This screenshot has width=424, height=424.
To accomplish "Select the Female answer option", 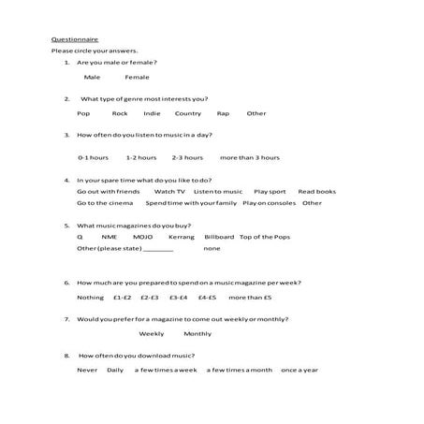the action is pyautogui.click(x=137, y=77).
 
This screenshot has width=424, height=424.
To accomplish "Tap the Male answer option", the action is pyautogui.click(x=92, y=77).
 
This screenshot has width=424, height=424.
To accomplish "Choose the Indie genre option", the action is pyautogui.click(x=152, y=113).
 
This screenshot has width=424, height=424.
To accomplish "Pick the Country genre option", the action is pyautogui.click(x=187, y=113).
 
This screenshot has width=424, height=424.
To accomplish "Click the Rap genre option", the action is pyautogui.click(x=223, y=113).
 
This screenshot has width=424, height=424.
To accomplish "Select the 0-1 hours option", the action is pyautogui.click(x=93, y=157).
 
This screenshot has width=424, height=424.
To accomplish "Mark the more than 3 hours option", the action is pyautogui.click(x=249, y=157).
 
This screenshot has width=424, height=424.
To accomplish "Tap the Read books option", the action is pyautogui.click(x=316, y=191).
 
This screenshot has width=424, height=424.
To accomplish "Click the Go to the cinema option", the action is pyautogui.click(x=105, y=202).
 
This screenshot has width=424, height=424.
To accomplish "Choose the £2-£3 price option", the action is pyautogui.click(x=150, y=297).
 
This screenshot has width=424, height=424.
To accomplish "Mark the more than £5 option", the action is pyautogui.click(x=249, y=297).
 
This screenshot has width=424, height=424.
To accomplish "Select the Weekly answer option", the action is pyautogui.click(x=152, y=333).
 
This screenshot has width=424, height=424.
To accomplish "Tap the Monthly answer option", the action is pyautogui.click(x=197, y=333).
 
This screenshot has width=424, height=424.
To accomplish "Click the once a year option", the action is pyautogui.click(x=300, y=370).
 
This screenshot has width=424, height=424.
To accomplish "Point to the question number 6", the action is pyautogui.click(x=66, y=282).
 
